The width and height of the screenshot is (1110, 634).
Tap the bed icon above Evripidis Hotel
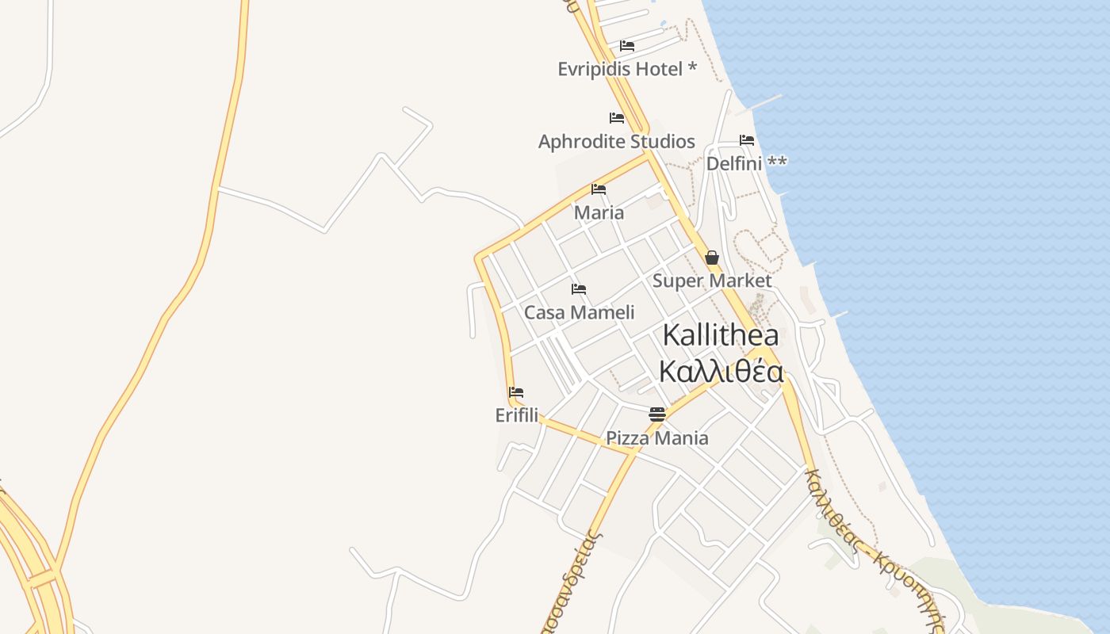(x=627, y=46)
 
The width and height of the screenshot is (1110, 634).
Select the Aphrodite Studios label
(x=616, y=142)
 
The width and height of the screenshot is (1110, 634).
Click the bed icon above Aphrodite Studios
(x=617, y=118)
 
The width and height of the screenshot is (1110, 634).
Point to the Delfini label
(x=734, y=163)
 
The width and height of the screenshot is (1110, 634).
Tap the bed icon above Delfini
(x=747, y=140)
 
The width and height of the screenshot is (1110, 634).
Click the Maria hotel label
(x=599, y=212)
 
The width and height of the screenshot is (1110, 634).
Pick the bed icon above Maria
(x=599, y=189)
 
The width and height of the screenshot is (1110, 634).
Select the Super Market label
(x=711, y=281)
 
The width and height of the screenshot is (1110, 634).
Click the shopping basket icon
(x=712, y=258)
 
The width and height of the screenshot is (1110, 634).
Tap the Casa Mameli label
(x=579, y=312)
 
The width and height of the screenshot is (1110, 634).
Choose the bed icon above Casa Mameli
(x=579, y=289)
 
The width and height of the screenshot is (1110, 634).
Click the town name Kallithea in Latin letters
(x=720, y=335)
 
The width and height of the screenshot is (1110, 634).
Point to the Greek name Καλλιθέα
(x=721, y=371)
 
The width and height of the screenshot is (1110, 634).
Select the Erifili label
(x=516, y=415)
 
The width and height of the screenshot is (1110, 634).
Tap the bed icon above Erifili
(x=516, y=392)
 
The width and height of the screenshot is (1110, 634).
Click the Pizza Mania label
(x=656, y=438)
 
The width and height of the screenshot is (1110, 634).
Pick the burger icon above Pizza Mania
(x=657, y=414)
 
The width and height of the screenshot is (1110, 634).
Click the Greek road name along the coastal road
(x=877, y=548)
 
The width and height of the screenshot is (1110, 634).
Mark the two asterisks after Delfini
(x=777, y=162)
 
